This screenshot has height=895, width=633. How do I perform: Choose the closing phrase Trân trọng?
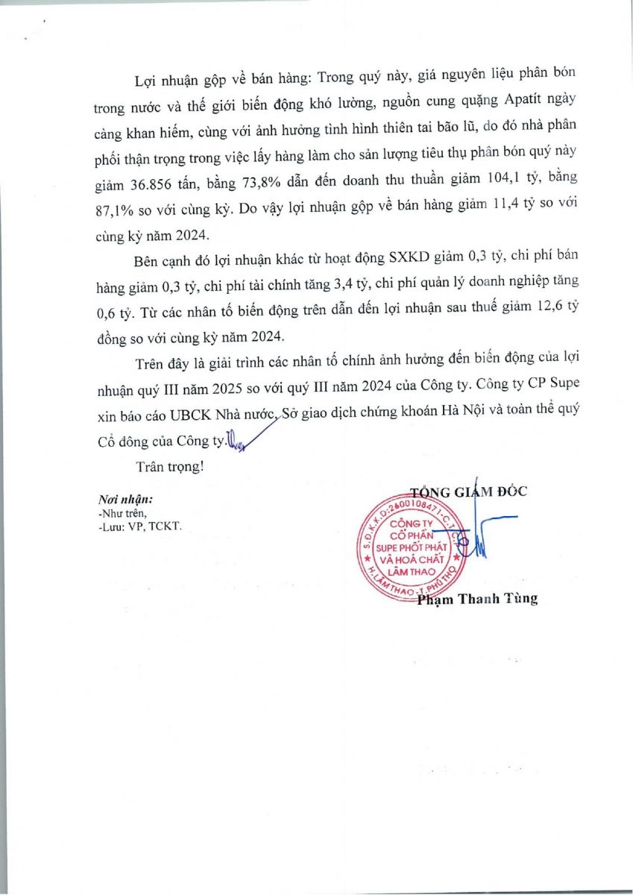click(169, 468)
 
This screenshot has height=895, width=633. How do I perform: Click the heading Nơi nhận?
click(125, 499)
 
